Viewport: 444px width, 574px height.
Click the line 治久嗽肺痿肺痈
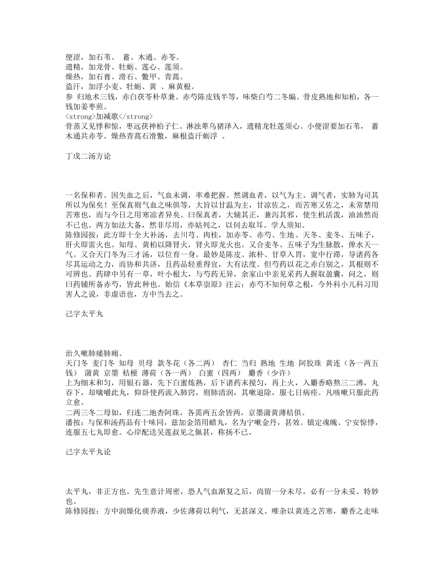pyautogui.click(x=90, y=353)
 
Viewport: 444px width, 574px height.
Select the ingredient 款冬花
pyautogui.click(x=168, y=363)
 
